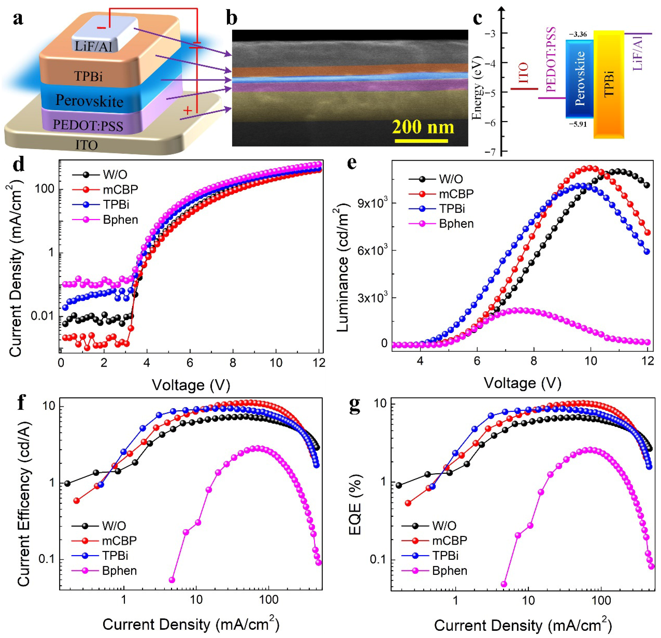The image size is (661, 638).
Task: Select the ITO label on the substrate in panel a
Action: click(87, 145)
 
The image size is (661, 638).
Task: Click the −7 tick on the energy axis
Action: click(491, 152)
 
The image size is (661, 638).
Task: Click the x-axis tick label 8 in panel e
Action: click(533, 360)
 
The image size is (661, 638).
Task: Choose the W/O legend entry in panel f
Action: click(114, 526)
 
